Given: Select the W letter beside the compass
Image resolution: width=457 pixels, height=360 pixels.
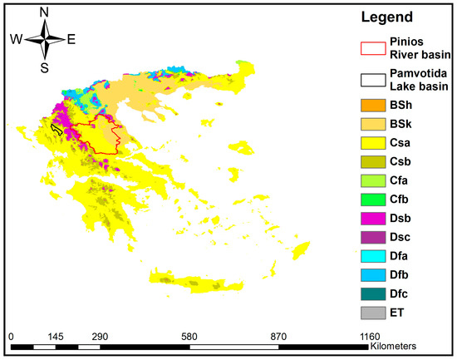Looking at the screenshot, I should point(16,39).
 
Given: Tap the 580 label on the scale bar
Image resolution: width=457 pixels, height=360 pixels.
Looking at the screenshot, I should point(189,336).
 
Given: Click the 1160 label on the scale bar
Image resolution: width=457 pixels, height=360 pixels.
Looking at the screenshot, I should point(370,336).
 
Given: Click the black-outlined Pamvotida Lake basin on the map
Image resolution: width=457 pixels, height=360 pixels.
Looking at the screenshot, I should point(57,129).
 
